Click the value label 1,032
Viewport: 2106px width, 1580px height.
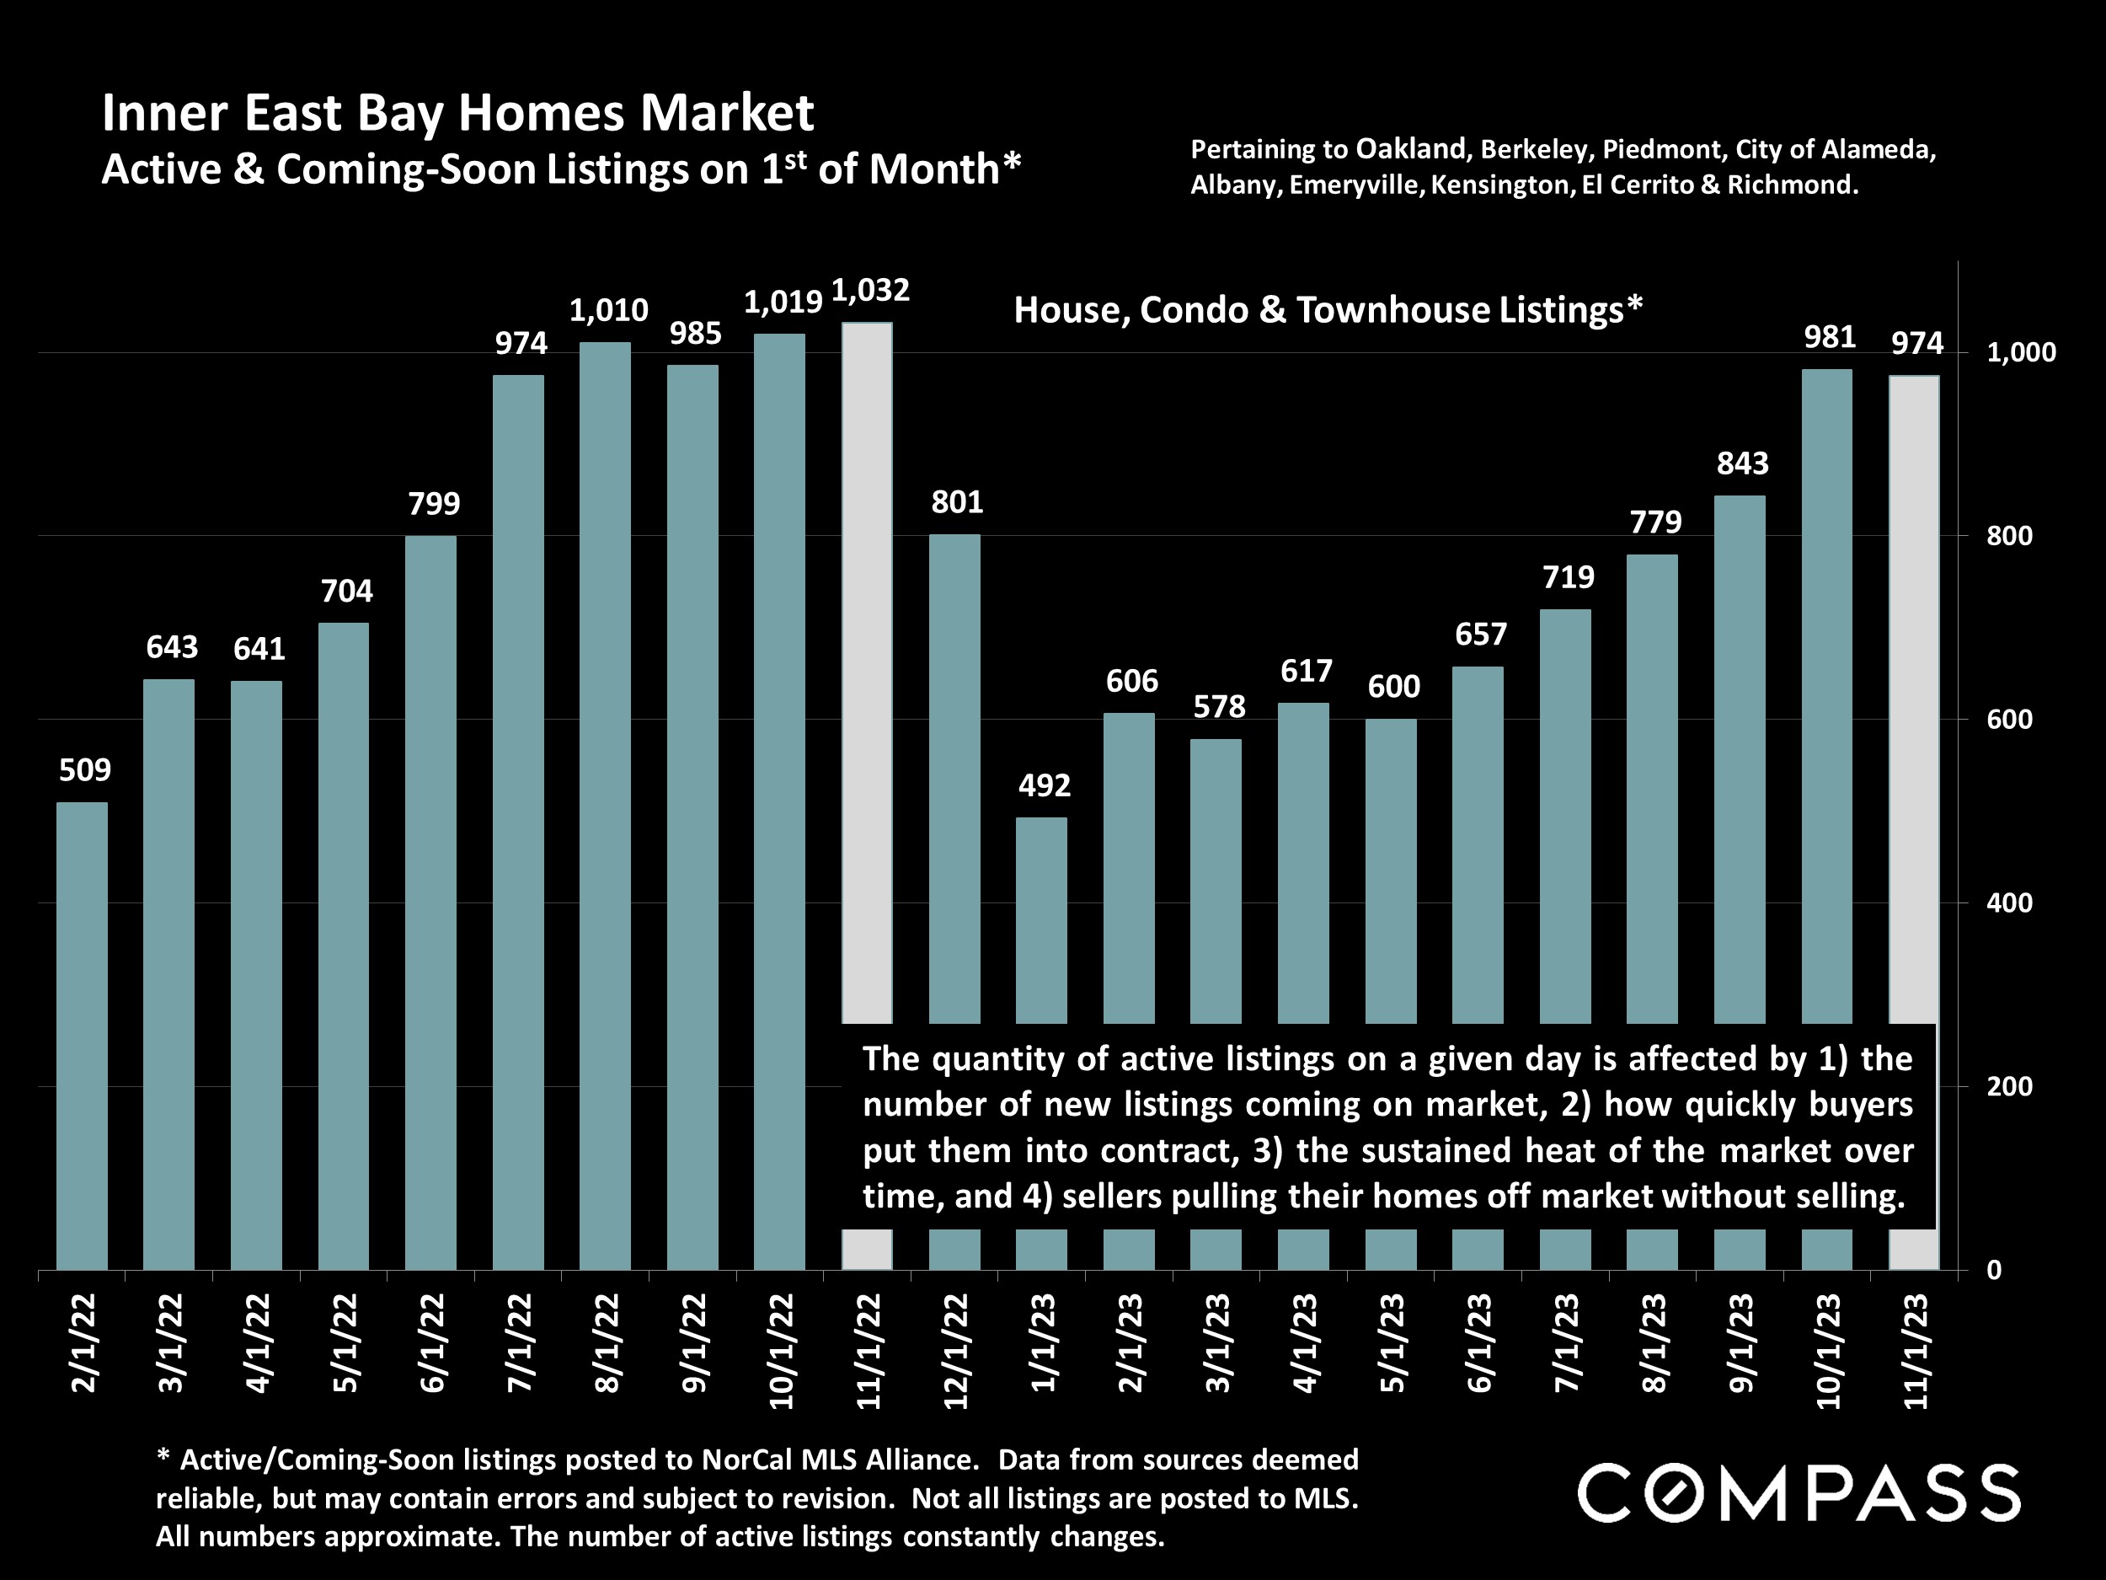pos(870,291)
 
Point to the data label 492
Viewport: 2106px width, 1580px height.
pos(1045,785)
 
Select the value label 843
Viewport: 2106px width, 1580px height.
pos(1742,463)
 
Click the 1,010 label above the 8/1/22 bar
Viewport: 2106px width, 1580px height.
pos(608,310)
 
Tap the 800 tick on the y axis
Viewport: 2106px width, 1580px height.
pos(2009,536)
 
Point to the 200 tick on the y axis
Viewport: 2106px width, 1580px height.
pos(2009,1087)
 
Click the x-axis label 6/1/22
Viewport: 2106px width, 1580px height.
pos(432,1343)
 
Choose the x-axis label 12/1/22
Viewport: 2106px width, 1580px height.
pos(956,1351)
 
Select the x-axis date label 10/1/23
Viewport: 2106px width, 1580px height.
pos(1828,1351)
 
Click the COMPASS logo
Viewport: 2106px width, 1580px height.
pos(1799,1492)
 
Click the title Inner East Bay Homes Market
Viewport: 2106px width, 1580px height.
pos(457,113)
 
